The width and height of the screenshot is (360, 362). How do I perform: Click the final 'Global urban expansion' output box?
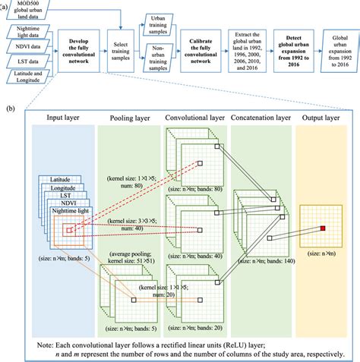point(338,50)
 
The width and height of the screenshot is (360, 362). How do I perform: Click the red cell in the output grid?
point(322,227)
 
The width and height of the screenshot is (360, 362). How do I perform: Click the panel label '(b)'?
point(9,109)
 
